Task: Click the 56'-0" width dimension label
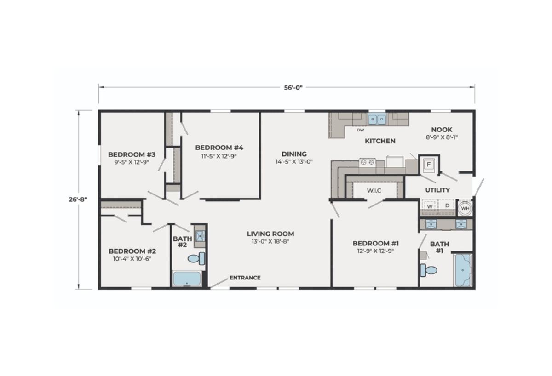[293, 88]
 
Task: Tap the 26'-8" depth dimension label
[78, 199]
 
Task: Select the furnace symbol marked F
[429, 165]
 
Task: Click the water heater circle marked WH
[465, 208]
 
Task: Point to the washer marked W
[430, 206]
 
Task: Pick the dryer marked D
[447, 206]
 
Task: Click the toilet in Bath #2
[196, 258]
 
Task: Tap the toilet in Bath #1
[429, 270]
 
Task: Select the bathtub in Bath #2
[187, 279]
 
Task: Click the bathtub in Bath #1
[463, 270]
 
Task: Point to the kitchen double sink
[377, 120]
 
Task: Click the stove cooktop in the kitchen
[367, 162]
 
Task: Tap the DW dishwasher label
[361, 130]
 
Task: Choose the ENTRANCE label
[245, 278]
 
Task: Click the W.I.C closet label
[374, 191]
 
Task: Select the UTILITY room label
[437, 190]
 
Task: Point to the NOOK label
[442, 130]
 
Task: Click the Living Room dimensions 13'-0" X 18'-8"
[270, 241]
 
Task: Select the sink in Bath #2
[201, 236]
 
